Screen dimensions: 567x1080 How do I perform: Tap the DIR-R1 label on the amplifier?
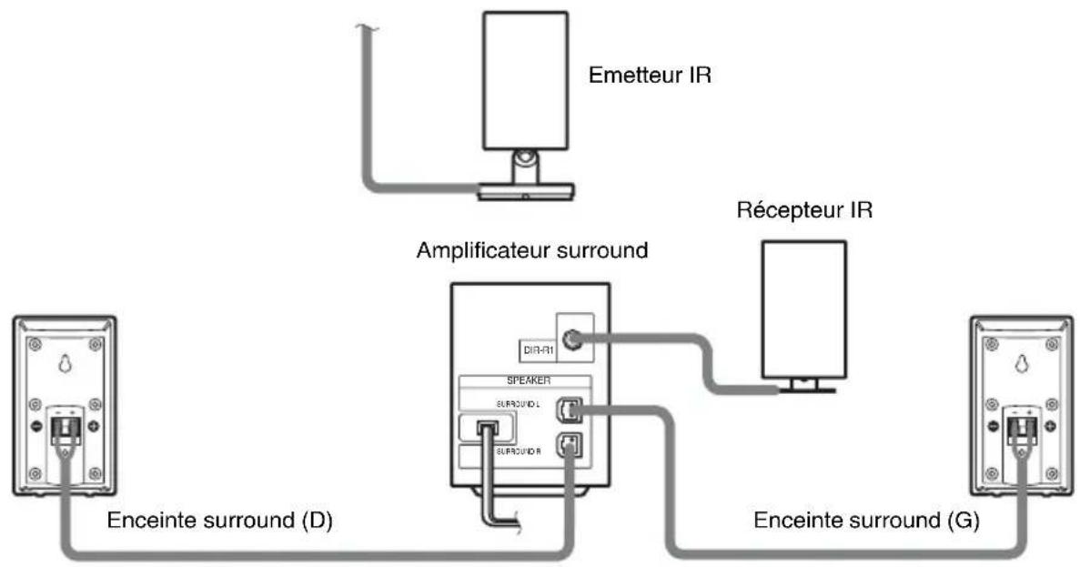coord(531,348)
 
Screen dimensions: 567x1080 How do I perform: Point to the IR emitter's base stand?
coord(525,189)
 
